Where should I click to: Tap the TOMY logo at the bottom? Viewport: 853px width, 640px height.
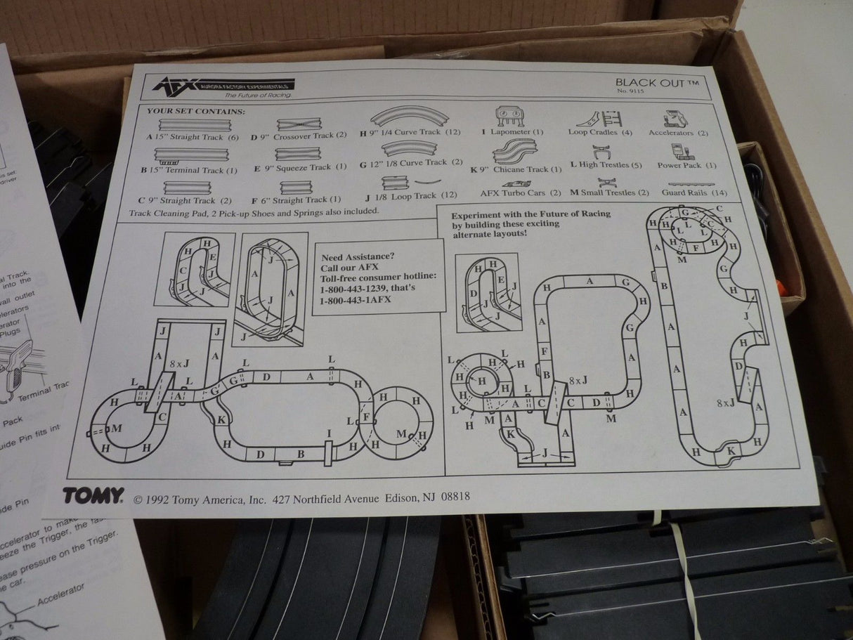(93, 495)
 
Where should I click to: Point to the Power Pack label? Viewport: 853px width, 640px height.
(686, 166)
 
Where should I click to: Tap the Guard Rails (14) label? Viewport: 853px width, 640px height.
(694, 192)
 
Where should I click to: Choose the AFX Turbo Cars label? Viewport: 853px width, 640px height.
(521, 192)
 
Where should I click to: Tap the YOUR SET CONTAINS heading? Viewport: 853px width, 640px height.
(196, 111)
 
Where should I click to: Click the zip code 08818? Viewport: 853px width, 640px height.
(455, 497)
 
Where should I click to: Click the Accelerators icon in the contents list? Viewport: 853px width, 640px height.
(675, 117)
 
